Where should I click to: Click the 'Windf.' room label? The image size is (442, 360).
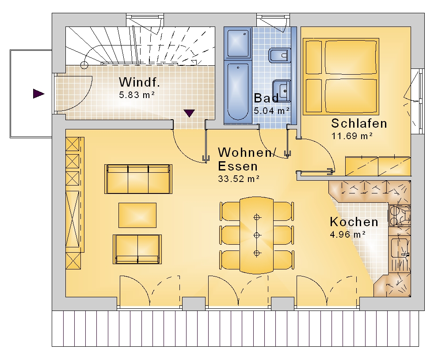(x=139, y=82)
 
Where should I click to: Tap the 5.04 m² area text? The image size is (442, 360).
(x=271, y=111)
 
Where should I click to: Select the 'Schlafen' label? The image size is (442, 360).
(x=359, y=123)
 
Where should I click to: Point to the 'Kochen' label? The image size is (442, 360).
(x=354, y=222)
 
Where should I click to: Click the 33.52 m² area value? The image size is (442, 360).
(x=239, y=179)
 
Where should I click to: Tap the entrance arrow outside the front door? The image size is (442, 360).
(x=38, y=94)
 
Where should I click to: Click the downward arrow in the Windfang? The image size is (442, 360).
(x=189, y=113)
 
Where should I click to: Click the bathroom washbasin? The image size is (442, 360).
(x=282, y=91)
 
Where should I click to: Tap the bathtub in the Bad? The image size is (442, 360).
(x=238, y=91)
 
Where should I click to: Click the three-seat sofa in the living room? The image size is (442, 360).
(x=138, y=179)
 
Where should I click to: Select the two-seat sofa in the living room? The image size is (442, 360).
(x=137, y=249)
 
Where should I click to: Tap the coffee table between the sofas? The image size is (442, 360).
(x=137, y=215)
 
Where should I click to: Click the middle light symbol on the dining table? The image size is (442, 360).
(x=256, y=235)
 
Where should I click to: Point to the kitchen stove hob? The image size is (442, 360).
(x=400, y=216)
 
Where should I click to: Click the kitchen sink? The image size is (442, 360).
(x=400, y=248)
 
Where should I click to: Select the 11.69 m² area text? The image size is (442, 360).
(x=352, y=136)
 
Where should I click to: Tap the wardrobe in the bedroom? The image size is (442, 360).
(x=378, y=166)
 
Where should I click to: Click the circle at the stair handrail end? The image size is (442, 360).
(x=84, y=65)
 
